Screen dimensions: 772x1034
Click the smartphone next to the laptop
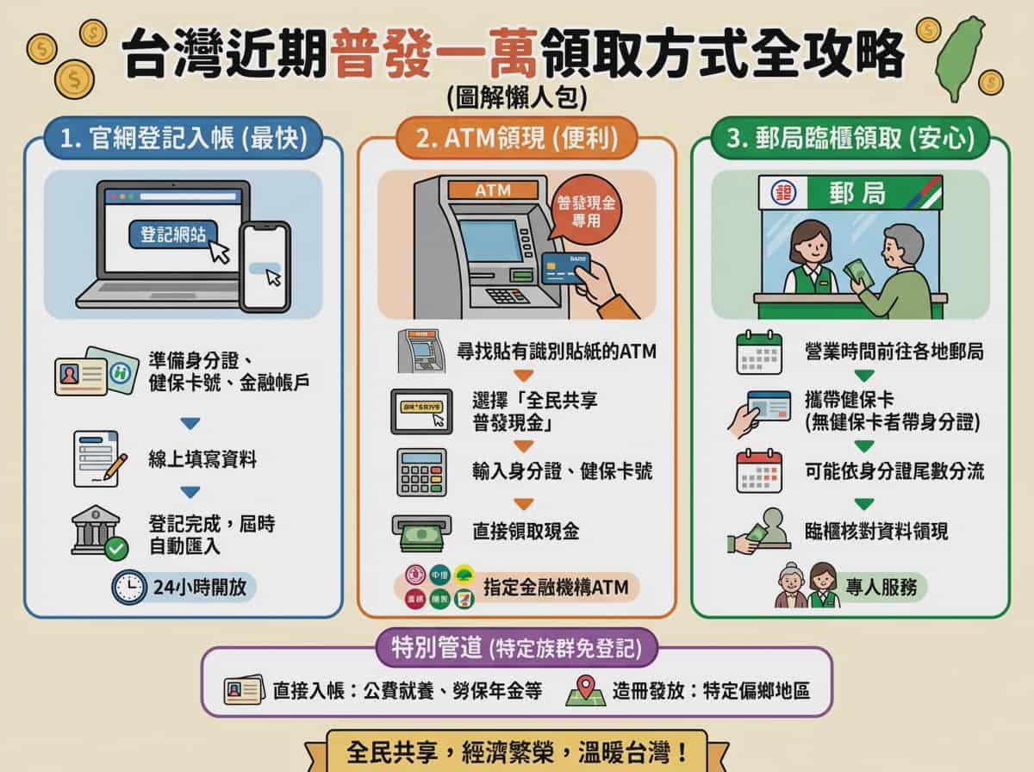pyautogui.click(x=265, y=265)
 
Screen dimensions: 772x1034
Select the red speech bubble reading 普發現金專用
pyautogui.click(x=586, y=209)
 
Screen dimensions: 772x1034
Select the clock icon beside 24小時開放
pyautogui.click(x=129, y=587)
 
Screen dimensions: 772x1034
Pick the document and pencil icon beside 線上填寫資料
pyautogui.click(x=98, y=458)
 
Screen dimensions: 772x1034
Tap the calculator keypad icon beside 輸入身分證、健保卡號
pyautogui.click(x=421, y=471)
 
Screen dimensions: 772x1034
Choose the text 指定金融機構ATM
pyautogui.click(x=556, y=588)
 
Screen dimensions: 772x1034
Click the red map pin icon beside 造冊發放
pyautogui.click(x=585, y=691)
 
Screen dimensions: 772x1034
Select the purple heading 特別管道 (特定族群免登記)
pyautogui.click(x=516, y=649)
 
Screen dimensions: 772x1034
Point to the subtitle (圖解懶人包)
pyautogui.click(x=517, y=96)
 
